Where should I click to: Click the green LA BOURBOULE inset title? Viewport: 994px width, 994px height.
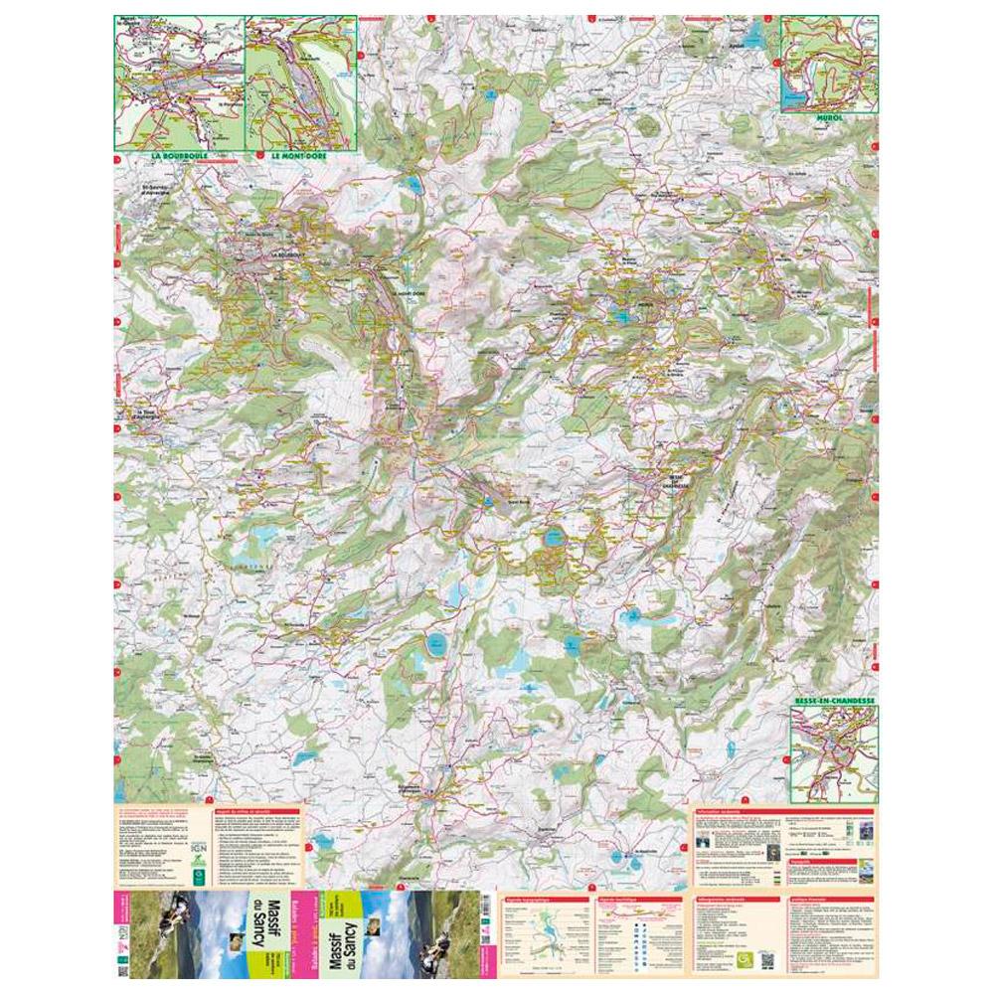(x=181, y=157)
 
